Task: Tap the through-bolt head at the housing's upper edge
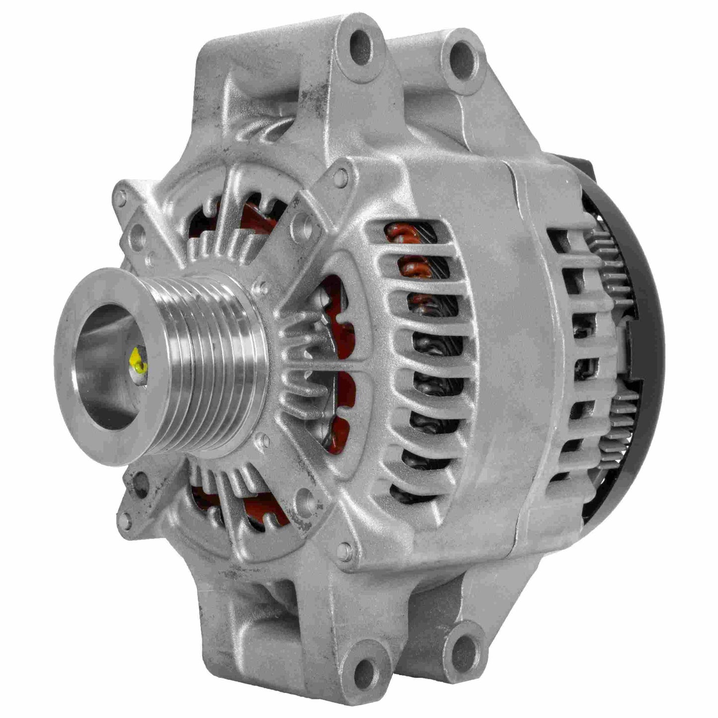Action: (x=340, y=175)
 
